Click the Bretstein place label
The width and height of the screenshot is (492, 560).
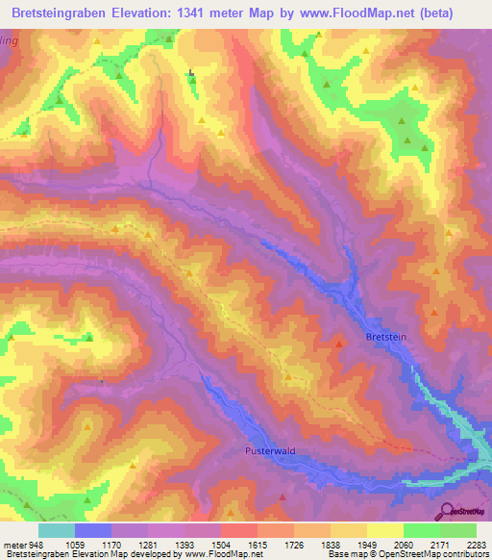click(x=385, y=338)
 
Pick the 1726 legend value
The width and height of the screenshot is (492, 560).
click(x=294, y=545)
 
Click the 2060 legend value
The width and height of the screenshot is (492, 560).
click(x=404, y=545)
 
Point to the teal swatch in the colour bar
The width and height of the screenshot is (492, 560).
click(x=57, y=530)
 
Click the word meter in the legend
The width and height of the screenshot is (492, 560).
click(x=14, y=545)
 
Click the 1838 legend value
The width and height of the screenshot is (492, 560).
click(x=331, y=545)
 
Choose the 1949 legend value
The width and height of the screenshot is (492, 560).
click(x=367, y=545)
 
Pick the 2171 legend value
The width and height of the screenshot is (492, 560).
click(x=440, y=545)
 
